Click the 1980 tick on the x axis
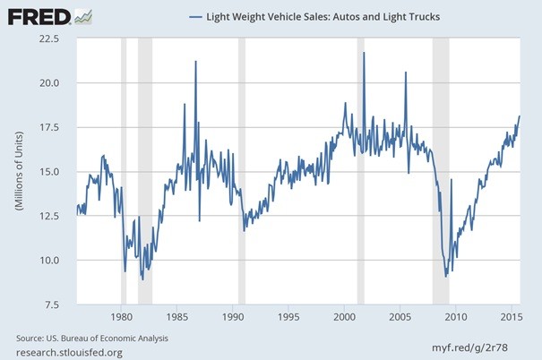[x=122, y=317]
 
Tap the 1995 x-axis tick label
[x=288, y=317]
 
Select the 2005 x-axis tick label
[x=400, y=317]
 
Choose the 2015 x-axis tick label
[x=511, y=317]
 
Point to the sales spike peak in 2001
[x=364, y=53]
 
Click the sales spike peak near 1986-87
[x=195, y=61]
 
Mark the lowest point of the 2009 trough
[x=446, y=276]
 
